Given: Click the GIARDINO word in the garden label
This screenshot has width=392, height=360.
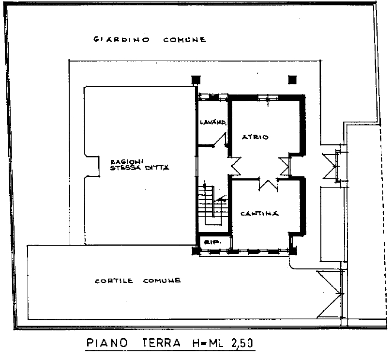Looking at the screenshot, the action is click(122, 40).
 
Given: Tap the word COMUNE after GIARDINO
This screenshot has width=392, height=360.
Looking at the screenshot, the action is click(185, 40).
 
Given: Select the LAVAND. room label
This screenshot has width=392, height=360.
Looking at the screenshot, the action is click(213, 122).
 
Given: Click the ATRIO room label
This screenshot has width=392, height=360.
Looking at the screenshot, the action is click(255, 137).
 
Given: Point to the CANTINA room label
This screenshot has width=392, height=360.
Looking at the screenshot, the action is click(259, 213).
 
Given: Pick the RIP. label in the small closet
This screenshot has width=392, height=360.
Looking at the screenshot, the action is click(213, 242).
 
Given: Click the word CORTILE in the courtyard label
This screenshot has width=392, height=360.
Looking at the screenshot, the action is click(114, 281).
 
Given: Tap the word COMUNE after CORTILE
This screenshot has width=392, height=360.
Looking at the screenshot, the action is click(162, 281).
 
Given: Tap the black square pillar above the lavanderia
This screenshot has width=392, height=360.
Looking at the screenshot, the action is click(196, 80).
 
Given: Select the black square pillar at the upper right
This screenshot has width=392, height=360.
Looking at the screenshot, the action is click(292, 80).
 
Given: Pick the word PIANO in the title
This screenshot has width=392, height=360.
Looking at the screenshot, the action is click(107, 343).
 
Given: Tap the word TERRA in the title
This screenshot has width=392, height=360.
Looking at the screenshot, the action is click(162, 343).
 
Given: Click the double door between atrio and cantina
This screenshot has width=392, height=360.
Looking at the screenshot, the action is click(268, 184).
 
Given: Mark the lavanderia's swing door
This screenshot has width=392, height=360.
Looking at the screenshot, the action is click(220, 140).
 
